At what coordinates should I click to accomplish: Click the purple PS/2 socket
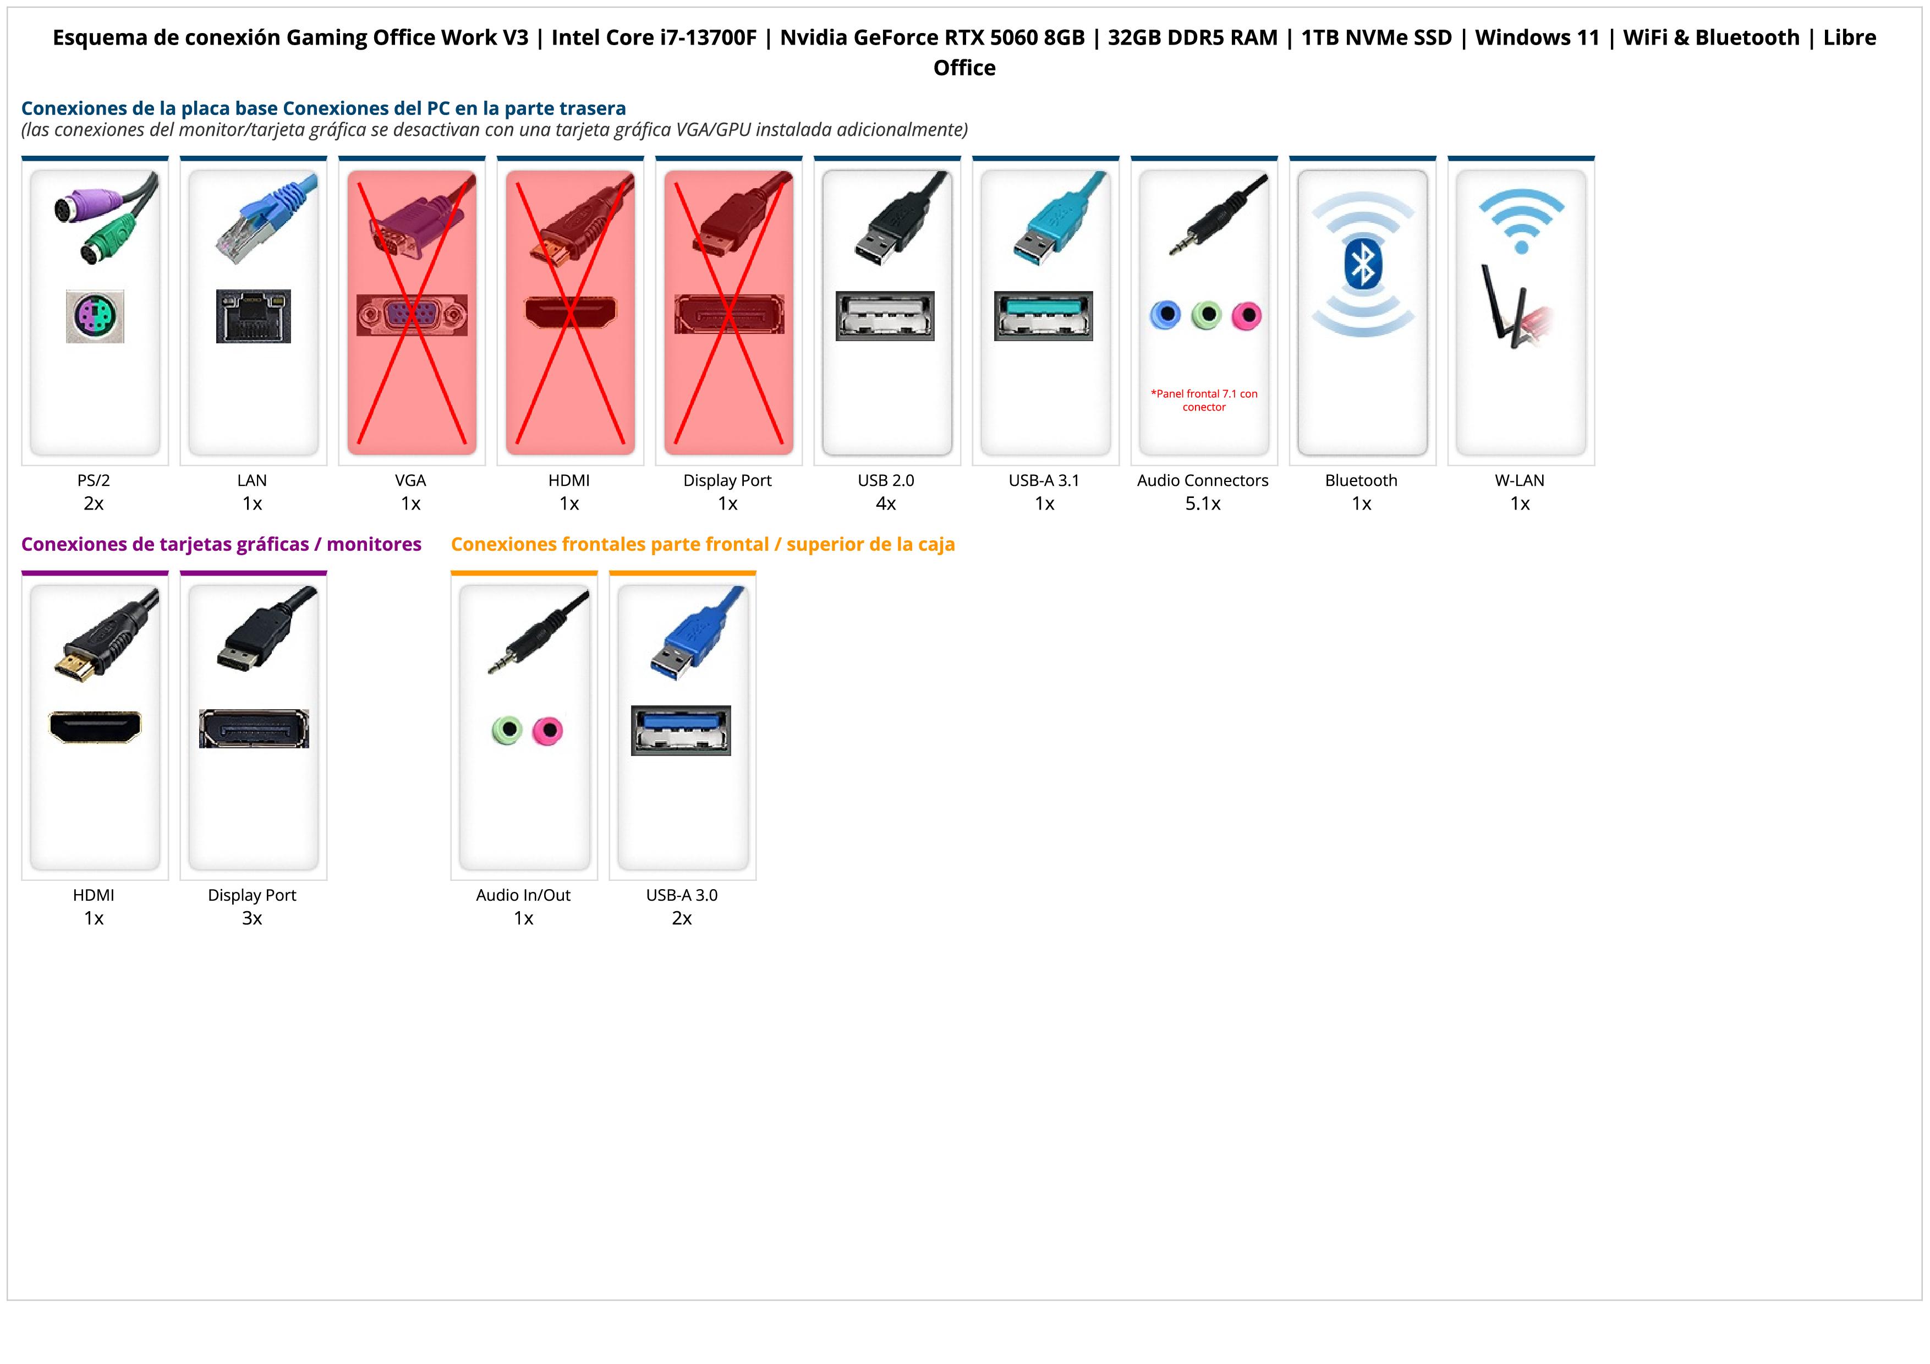point(95,316)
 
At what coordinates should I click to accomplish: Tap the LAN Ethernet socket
point(253,316)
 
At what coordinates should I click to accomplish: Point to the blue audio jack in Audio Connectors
point(1165,315)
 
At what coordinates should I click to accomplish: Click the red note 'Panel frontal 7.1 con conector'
point(1204,400)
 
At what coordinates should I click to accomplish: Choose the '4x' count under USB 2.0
point(886,503)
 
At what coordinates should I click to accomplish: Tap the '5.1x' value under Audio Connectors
point(1203,503)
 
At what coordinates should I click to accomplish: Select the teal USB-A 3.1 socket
point(1043,316)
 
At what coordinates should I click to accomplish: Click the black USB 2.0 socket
point(885,316)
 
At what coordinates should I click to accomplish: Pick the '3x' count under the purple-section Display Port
point(252,918)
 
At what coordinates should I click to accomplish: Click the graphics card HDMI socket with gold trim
point(95,727)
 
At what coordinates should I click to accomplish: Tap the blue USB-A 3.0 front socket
point(681,730)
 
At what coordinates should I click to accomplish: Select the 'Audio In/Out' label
point(523,895)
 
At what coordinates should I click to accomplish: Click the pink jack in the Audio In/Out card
point(547,730)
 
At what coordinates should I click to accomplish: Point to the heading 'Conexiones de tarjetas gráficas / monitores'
point(221,545)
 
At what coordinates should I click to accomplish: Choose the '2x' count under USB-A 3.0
point(682,918)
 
